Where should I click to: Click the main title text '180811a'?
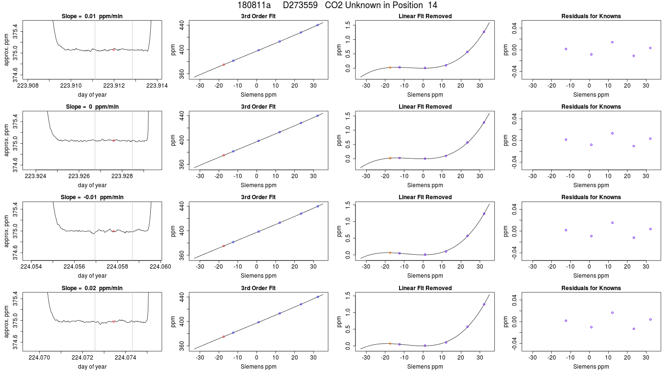tap(254, 5)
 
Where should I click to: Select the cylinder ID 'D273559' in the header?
tap(300, 5)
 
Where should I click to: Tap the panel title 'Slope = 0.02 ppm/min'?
tap(92, 288)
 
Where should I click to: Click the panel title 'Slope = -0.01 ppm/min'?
tap(92, 197)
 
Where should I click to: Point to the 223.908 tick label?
tap(28, 86)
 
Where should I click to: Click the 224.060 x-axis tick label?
tap(161, 267)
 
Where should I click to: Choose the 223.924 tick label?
tap(35, 176)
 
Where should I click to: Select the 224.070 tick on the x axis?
tap(39, 357)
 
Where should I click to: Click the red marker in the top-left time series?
tap(114, 50)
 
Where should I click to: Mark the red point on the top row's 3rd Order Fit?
tap(224, 65)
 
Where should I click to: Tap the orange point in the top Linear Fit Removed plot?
tap(390, 68)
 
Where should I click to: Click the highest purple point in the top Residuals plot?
tap(612, 42)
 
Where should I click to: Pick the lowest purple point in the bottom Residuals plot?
tap(634, 329)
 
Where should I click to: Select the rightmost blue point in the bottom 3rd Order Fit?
tap(318, 297)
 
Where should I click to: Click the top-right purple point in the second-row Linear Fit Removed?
tap(484, 123)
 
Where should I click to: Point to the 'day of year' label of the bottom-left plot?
tap(92, 367)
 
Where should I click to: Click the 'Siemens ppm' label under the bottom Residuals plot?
tap(591, 367)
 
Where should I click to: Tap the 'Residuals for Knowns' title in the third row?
tap(591, 197)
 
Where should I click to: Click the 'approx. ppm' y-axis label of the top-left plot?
tap(7, 50)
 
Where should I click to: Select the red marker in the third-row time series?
tap(114, 231)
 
